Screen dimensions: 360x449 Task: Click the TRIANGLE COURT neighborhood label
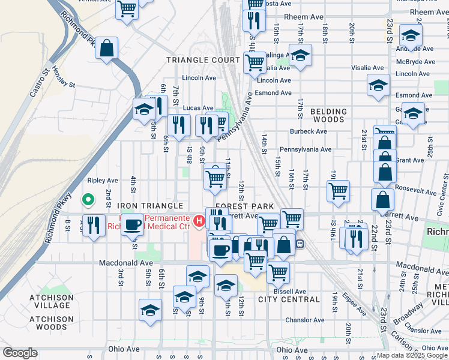(203, 60)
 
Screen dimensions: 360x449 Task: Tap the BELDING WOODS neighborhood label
(328, 115)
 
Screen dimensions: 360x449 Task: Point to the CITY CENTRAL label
(289, 299)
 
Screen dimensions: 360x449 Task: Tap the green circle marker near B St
(88, 199)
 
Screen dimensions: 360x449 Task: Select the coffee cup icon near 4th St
(133, 224)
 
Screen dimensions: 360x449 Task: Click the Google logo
(20, 353)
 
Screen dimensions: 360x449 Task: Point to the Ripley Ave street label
(103, 180)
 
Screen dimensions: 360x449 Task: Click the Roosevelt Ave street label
(415, 191)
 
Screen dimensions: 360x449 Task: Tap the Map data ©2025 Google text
(412, 355)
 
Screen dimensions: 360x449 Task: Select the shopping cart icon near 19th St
(339, 191)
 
